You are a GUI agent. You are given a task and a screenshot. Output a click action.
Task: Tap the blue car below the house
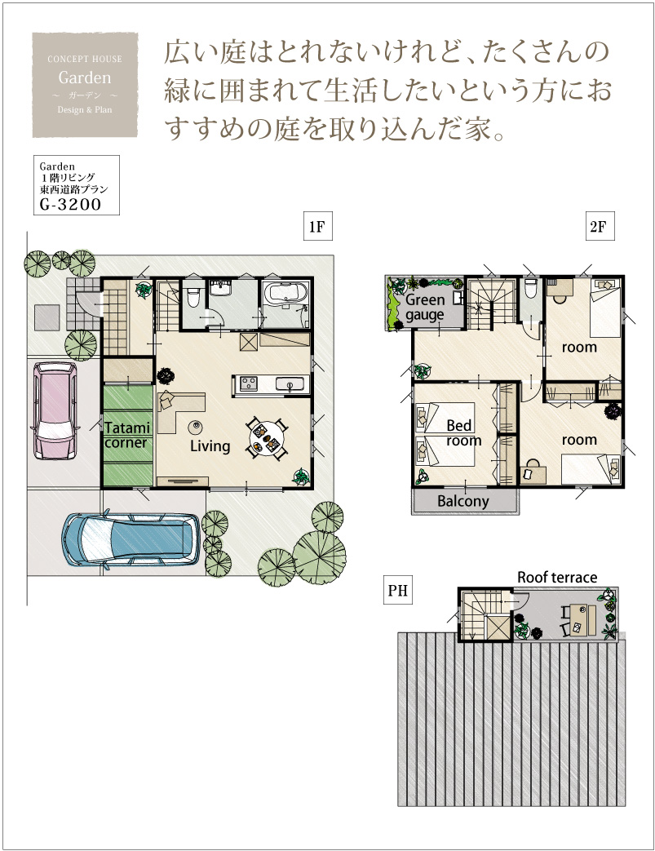tap(131, 539)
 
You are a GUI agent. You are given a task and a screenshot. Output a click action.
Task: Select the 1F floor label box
tap(317, 226)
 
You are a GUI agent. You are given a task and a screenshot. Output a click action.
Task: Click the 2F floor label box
tap(600, 226)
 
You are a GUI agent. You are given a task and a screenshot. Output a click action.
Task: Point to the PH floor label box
tap(398, 590)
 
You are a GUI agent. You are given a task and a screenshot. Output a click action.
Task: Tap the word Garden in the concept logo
tap(85, 78)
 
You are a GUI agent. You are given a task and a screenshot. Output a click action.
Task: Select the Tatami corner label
tap(127, 435)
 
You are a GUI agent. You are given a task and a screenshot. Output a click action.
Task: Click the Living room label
tap(210, 446)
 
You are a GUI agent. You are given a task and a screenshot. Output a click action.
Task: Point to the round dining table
tap(267, 438)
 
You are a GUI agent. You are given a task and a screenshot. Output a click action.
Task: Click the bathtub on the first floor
tap(285, 294)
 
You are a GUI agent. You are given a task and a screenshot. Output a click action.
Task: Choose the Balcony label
tap(462, 501)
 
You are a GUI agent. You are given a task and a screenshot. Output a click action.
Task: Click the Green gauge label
tap(425, 307)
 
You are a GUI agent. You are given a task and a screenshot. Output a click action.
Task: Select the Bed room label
tap(463, 433)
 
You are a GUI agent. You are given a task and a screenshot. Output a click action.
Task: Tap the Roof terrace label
tap(557, 578)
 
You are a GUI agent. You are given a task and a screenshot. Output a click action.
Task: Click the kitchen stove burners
tap(249, 383)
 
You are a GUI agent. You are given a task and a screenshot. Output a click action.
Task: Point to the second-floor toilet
tap(531, 290)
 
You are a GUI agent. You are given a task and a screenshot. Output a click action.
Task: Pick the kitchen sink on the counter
tap(290, 384)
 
